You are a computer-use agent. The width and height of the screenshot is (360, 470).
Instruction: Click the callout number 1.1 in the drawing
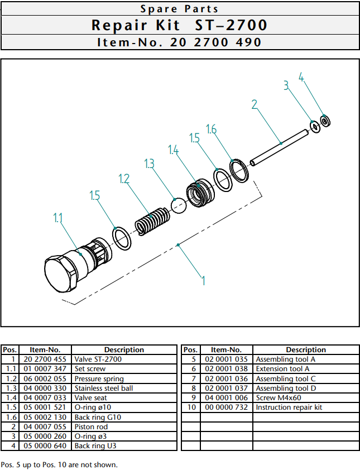[58, 218]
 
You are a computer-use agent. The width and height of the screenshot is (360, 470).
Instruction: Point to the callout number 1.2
[124, 179]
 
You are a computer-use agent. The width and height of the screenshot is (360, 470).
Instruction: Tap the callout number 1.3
[150, 164]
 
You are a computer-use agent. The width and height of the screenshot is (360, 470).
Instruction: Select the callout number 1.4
[174, 150]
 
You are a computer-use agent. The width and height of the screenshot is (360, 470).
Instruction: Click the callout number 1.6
[211, 130]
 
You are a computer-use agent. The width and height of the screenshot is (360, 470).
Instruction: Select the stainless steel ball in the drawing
[178, 205]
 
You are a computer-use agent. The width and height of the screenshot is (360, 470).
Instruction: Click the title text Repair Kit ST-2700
[180, 26]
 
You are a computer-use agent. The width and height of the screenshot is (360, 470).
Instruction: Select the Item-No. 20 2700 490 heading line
[180, 42]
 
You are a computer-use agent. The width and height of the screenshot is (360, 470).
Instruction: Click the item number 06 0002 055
[45, 378]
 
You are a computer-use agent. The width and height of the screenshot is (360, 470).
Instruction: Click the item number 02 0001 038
[226, 369]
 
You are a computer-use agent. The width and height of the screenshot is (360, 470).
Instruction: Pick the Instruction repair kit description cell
[289, 407]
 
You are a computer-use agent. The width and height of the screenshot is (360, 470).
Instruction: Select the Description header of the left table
[124, 350]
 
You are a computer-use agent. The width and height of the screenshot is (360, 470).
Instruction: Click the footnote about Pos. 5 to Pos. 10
[60, 464]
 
